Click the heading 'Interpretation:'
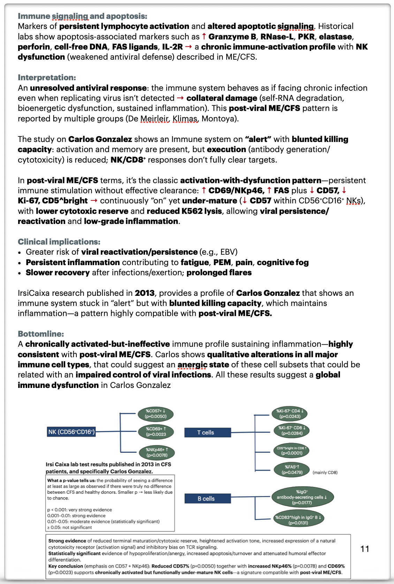tap(47, 77)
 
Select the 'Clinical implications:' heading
tap(59, 242)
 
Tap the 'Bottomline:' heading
tap(41, 334)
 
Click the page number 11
tap(365, 549)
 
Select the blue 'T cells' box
tap(207, 433)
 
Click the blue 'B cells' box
tap(207, 499)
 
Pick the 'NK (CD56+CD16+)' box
tap(71, 432)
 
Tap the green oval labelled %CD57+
tap(156, 414)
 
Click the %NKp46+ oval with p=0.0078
tap(157, 452)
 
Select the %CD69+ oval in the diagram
tap(156, 432)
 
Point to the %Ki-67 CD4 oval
tap(290, 414)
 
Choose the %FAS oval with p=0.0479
tap(291, 470)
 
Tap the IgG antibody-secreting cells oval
tap(302, 497)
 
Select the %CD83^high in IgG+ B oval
tap(298, 520)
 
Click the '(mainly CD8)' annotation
tap(325, 472)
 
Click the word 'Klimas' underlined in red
tap(185, 119)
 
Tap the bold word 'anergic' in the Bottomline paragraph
tap(192, 365)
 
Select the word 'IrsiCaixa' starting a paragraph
tap(33, 293)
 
